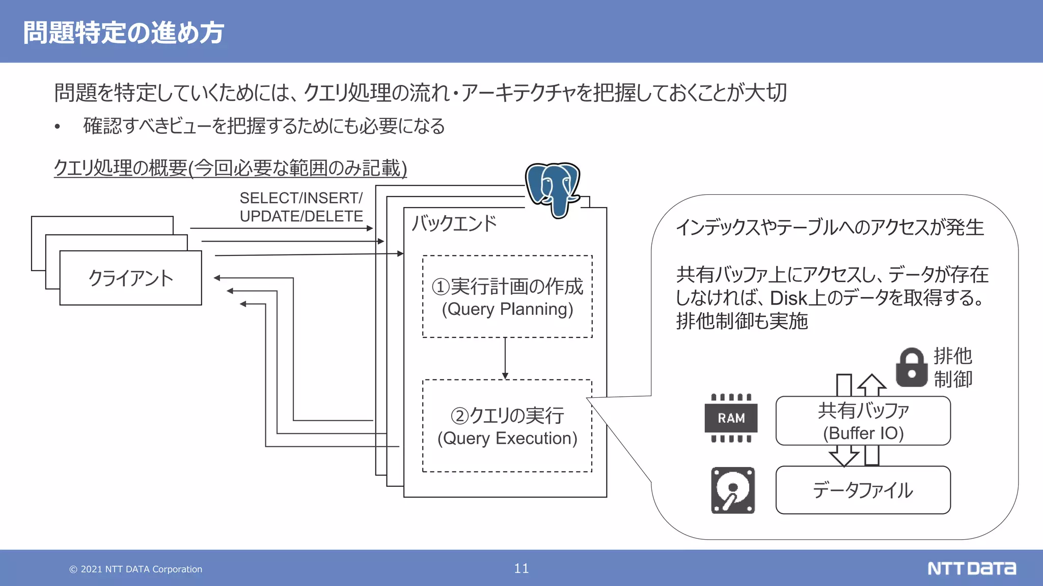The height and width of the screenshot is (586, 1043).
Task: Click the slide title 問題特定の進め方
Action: tap(123, 33)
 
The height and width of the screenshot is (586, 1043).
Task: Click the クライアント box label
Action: tap(130, 278)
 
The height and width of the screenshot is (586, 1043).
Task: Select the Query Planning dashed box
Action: tap(507, 297)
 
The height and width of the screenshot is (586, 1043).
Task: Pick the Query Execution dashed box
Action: tap(507, 426)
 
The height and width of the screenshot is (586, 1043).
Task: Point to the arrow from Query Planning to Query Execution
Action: tap(505, 358)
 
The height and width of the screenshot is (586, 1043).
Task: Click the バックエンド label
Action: tap(454, 224)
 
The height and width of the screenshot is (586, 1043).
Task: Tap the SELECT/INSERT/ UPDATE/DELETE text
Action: tap(301, 207)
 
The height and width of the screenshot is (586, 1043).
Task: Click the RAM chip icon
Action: tap(731, 418)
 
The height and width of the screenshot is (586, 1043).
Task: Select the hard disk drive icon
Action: tap(733, 490)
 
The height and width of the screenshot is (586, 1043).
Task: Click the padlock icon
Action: tap(912, 368)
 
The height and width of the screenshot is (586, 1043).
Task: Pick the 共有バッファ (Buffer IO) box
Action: tap(863, 421)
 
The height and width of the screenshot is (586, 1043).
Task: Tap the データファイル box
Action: tap(863, 490)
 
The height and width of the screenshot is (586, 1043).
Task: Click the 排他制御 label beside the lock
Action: tap(953, 368)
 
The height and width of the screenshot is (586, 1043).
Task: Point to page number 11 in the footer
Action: tap(521, 568)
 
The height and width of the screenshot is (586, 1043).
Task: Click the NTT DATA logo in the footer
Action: tap(971, 568)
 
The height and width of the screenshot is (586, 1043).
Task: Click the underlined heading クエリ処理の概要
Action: tap(230, 168)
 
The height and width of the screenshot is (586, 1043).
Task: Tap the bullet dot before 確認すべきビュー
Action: tap(58, 127)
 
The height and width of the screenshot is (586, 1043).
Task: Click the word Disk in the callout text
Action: tap(789, 298)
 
